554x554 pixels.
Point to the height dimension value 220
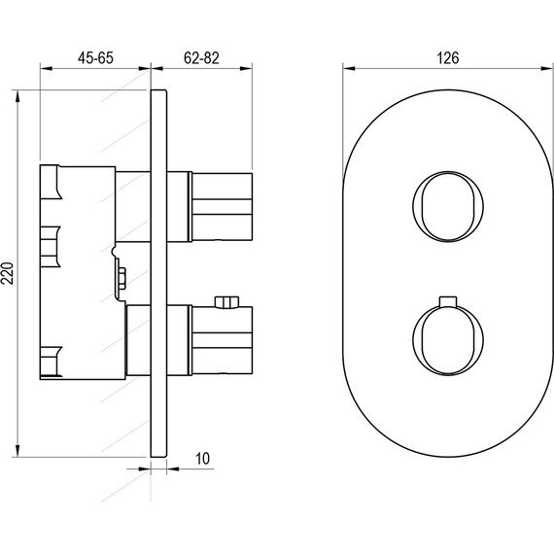[9, 273]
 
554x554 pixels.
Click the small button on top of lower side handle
[226, 302]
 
